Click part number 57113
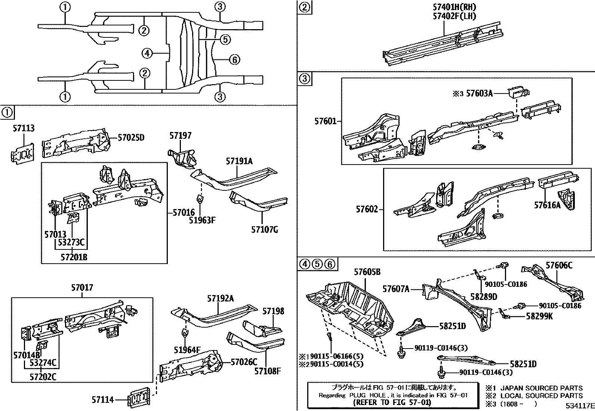[23, 129]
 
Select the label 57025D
[131, 138]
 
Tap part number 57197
[181, 135]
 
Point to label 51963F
[202, 220]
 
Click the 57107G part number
[264, 230]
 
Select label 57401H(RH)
[449, 7]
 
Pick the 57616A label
[547, 205]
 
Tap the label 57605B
[367, 272]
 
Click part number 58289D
[484, 297]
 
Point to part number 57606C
[559, 266]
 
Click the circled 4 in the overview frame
[147, 54]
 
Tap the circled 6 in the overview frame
[234, 59]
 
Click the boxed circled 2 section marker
[305, 7]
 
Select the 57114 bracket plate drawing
[139, 397]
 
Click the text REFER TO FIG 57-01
[392, 403]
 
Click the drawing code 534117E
[580, 406]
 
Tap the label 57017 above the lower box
[82, 288]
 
